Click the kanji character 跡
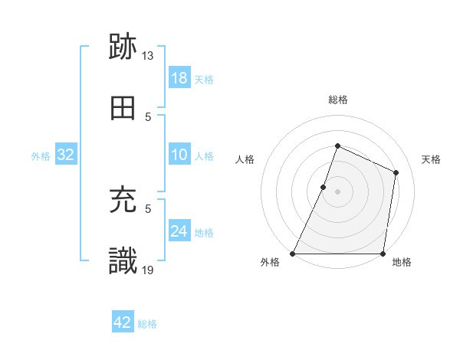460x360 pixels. pos(123,47)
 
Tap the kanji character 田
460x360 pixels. pos(123,109)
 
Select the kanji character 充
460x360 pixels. pos(123,201)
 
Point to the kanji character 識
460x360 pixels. pos(123,261)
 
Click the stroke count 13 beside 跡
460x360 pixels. pos(148,56)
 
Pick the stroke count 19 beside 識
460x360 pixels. pos(148,270)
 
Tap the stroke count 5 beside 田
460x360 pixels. pos(149,117)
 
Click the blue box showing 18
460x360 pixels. pos(179,78)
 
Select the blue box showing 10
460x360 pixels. pos(179,155)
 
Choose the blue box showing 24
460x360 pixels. pos(179,231)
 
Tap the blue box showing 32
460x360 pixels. pos(66,155)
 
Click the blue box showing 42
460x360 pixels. pos(123,322)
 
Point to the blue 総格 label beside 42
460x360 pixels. pos(147,324)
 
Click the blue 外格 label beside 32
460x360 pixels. pos(41,156)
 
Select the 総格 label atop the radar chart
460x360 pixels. pos(337,100)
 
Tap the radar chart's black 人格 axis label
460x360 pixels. pos(245,159)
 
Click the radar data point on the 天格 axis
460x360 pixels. pos(396,172)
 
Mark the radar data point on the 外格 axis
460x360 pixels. pos(293,254)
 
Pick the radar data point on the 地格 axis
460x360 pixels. pos(383,254)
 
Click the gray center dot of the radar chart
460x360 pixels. pos(337,191)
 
